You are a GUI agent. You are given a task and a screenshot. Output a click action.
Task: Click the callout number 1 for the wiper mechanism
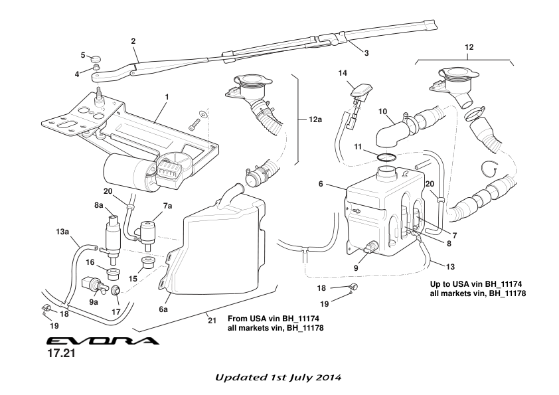click(167, 96)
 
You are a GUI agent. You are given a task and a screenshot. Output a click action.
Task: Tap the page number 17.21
click(60, 356)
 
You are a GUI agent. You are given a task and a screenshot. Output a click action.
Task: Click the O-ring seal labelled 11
click(386, 157)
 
